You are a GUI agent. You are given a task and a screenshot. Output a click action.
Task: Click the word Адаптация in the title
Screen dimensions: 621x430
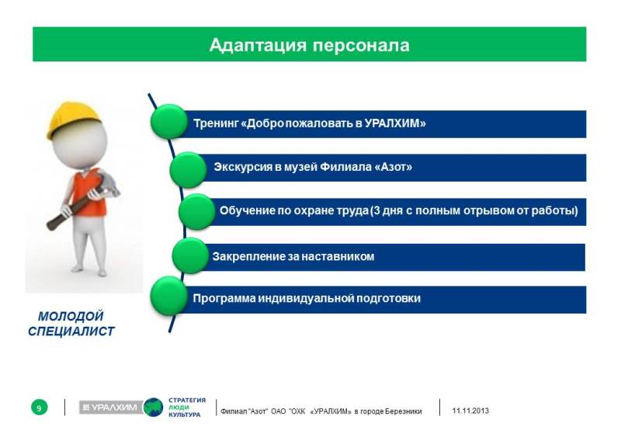point(258,46)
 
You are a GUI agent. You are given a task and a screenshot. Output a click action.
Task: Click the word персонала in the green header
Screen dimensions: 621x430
point(361,46)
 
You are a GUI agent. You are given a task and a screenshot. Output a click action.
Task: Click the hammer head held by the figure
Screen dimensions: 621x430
point(107,183)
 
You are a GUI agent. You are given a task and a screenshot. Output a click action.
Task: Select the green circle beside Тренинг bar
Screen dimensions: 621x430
point(168,122)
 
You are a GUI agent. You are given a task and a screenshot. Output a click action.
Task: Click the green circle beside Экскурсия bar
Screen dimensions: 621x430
point(188,170)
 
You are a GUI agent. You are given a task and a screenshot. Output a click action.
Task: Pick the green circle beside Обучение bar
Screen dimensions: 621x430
point(197,212)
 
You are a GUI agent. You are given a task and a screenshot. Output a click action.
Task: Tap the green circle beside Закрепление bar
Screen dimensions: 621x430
point(190,256)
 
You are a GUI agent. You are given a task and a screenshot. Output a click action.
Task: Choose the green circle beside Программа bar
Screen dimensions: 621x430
point(169,296)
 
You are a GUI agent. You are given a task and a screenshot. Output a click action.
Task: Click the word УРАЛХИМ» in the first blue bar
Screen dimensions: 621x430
point(395,123)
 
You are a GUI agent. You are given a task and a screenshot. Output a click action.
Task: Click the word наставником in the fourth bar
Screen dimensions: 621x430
point(338,257)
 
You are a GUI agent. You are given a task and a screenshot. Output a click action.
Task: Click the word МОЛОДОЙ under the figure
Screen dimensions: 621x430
point(71,317)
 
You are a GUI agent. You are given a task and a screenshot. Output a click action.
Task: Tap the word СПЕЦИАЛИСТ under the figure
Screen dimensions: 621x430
point(71,331)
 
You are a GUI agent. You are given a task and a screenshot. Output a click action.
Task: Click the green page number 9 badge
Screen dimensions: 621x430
point(40,407)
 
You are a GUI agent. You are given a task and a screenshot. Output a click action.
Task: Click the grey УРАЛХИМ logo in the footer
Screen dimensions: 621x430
point(110,407)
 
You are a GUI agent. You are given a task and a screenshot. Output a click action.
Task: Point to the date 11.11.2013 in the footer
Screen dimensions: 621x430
point(470,411)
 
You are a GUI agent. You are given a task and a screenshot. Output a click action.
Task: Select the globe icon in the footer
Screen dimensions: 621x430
point(153,407)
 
